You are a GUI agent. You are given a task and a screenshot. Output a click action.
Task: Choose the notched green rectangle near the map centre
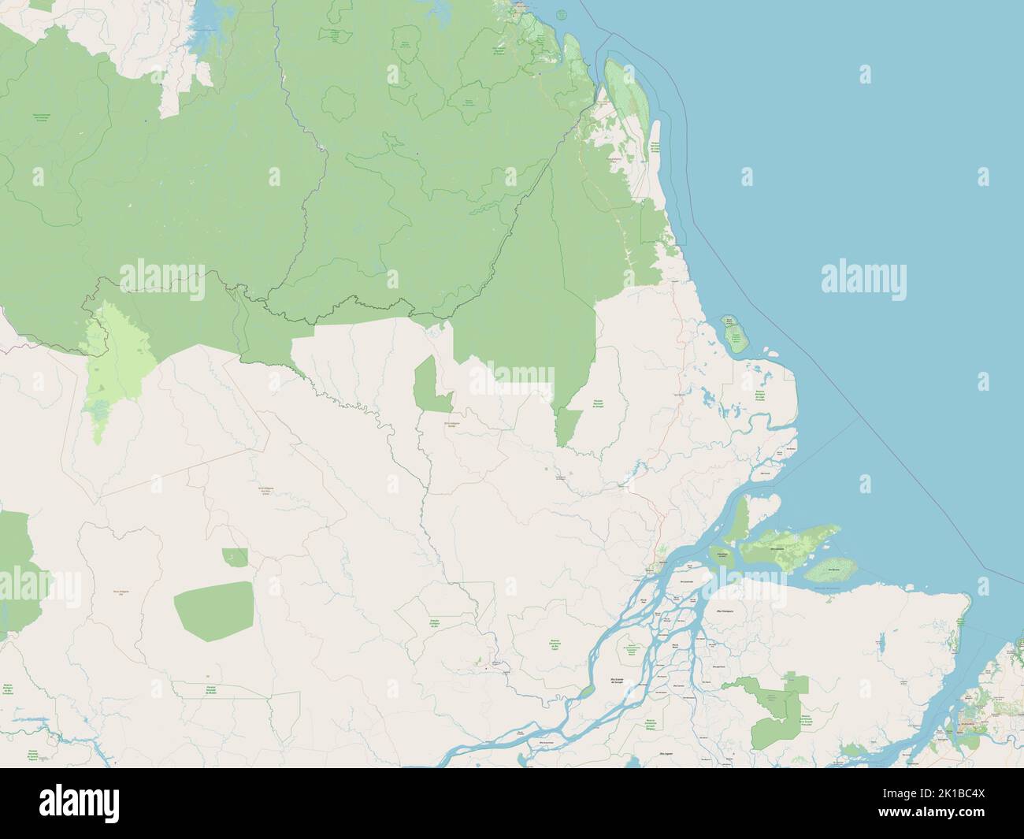[433, 386]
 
